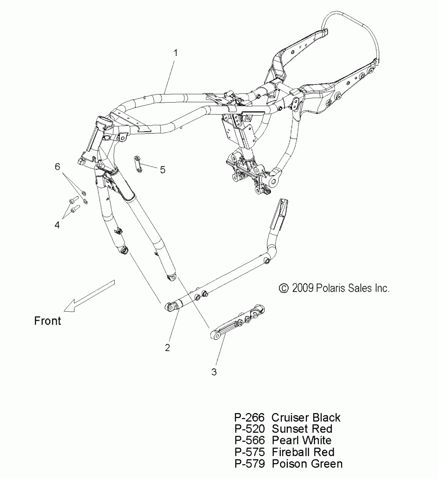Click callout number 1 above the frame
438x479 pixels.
click(x=175, y=53)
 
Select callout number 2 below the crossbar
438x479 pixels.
click(x=167, y=348)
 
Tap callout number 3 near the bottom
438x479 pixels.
click(x=214, y=372)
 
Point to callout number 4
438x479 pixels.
click(x=57, y=225)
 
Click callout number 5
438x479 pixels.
click(x=163, y=170)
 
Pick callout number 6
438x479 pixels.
click(x=57, y=167)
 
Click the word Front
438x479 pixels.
click(x=48, y=321)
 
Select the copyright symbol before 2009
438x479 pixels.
click(x=284, y=288)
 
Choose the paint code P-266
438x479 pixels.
click(x=249, y=417)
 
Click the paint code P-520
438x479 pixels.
click(x=249, y=429)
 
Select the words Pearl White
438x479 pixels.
click(x=301, y=440)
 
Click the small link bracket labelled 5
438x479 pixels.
click(x=139, y=164)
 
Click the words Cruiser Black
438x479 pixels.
click(x=306, y=417)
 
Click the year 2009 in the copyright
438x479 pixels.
click(x=303, y=288)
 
